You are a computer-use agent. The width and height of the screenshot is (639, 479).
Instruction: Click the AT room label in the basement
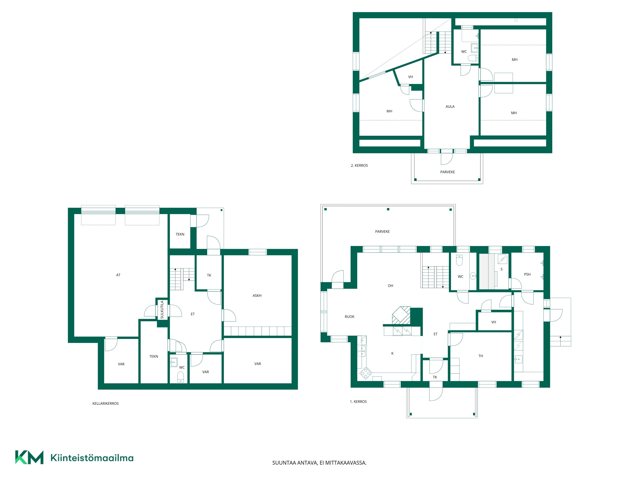point(118,275)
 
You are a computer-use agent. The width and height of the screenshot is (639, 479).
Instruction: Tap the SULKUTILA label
point(162,310)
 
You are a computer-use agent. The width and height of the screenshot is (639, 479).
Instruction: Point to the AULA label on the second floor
point(450,106)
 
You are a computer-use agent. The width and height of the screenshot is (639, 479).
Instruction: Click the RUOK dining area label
point(350,317)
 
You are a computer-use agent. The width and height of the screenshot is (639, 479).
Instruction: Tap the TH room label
point(481,356)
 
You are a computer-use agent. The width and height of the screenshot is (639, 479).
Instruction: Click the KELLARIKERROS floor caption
point(105,404)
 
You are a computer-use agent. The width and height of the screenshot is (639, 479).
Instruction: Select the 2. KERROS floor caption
point(359,165)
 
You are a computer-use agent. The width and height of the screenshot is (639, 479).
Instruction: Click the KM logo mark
point(29,457)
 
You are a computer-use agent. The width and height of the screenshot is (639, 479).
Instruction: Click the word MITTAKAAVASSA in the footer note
point(346,463)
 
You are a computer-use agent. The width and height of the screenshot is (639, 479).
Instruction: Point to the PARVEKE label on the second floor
point(447,172)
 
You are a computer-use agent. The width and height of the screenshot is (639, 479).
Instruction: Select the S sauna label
point(501,269)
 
